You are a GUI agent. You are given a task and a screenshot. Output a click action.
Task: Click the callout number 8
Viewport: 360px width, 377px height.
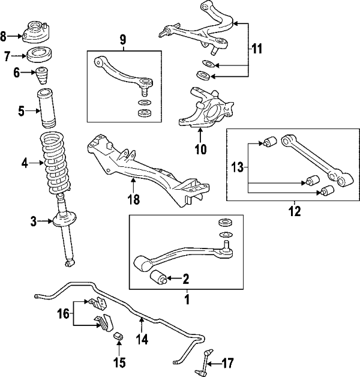point(5,36)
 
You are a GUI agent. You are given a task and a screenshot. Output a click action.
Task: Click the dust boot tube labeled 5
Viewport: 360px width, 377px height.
point(47,109)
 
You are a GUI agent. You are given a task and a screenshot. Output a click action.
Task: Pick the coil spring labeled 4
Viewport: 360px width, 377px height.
point(58,161)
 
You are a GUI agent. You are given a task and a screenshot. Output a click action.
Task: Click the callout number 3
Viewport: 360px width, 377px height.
point(34,223)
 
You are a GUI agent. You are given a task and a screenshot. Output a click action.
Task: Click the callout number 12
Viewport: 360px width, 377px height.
point(295,211)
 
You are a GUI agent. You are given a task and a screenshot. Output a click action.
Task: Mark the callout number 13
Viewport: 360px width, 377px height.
point(237,169)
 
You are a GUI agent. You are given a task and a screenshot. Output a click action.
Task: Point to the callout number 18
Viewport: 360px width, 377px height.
point(134,200)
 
